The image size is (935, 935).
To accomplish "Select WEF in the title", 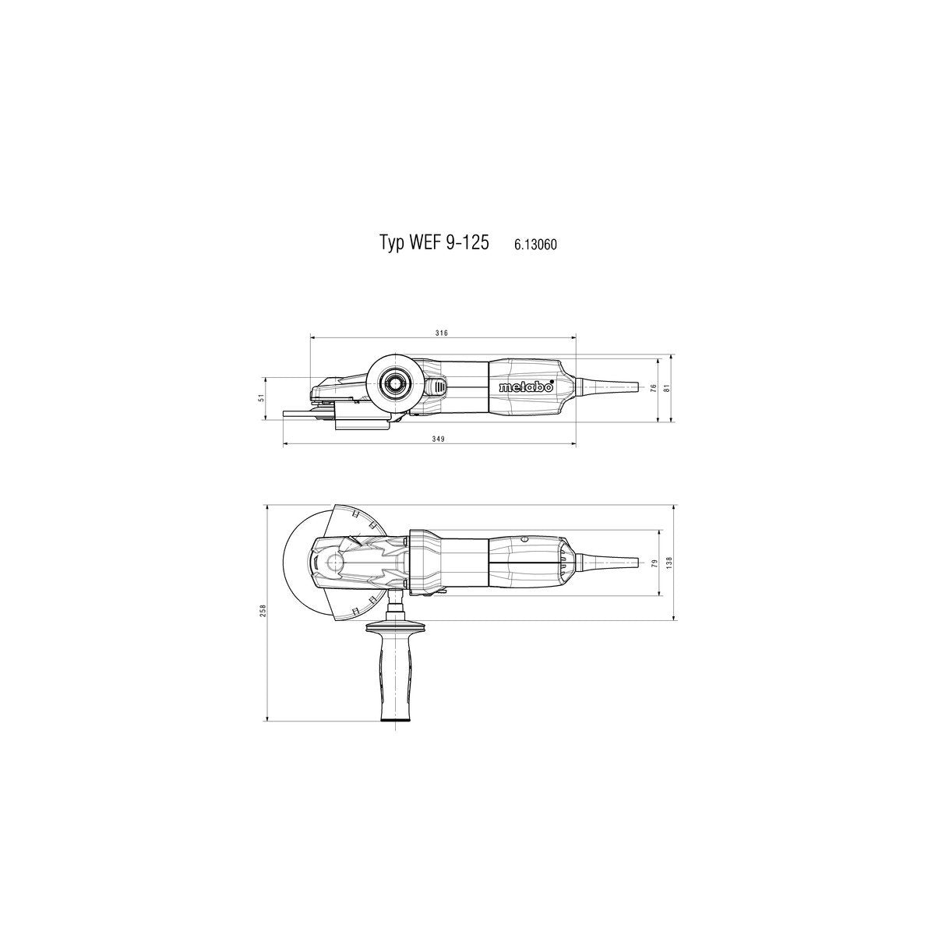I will [425, 243].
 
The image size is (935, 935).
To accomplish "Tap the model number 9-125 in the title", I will [470, 243].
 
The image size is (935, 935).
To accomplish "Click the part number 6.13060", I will [535, 245].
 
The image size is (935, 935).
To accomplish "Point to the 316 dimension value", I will [441, 333].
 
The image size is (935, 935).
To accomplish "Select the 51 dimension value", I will [263, 397].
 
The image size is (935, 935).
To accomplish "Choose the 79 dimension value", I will [655, 562].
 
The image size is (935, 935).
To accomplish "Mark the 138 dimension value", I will [668, 562].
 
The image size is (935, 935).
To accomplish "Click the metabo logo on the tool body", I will [526, 387].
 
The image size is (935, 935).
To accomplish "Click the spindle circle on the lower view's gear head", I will [335, 563].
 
